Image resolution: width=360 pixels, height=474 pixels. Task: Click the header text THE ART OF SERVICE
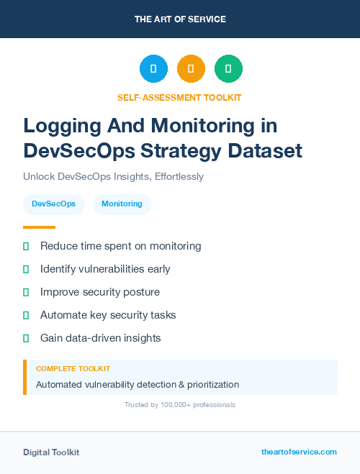(x=180, y=19)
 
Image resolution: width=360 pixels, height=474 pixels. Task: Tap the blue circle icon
(x=153, y=69)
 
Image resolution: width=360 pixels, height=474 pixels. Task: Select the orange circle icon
(x=191, y=69)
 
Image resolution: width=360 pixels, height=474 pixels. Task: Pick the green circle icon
(x=228, y=69)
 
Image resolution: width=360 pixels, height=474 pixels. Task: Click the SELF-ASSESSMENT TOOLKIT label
(x=180, y=97)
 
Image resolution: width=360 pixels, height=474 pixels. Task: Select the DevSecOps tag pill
(x=54, y=204)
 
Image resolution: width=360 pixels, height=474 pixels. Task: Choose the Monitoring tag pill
(x=122, y=204)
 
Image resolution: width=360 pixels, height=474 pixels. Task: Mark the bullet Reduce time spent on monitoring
(x=120, y=246)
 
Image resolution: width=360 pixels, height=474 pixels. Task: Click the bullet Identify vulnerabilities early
(x=105, y=269)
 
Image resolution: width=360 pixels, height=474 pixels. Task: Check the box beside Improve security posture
(x=26, y=292)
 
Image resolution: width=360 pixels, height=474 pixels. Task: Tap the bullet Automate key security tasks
(x=108, y=315)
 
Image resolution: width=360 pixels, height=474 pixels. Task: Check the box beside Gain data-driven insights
(x=26, y=338)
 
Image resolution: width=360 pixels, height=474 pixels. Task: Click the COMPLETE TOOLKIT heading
(x=73, y=368)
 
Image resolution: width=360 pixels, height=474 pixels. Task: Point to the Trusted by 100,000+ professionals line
(x=180, y=405)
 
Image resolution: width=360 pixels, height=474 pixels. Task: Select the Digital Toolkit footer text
(x=51, y=452)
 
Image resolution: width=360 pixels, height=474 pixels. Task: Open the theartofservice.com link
(x=299, y=452)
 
